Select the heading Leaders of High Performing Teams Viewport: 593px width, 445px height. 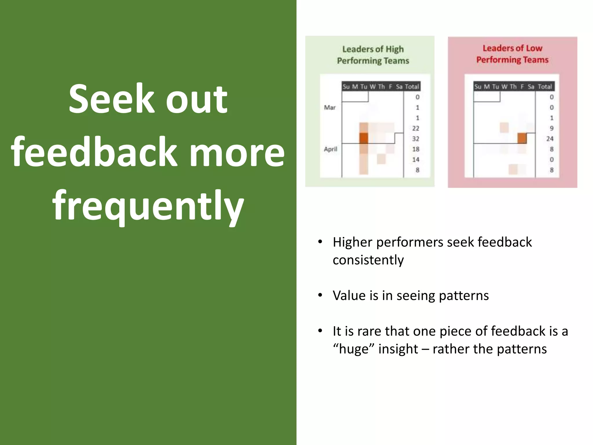373,55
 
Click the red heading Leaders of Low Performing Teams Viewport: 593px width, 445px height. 512,54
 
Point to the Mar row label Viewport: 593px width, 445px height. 330,107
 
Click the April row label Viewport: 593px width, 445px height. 330,149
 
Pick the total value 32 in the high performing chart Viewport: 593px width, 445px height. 416,139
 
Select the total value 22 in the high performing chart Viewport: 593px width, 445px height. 416,128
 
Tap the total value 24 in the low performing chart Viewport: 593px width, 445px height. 550,139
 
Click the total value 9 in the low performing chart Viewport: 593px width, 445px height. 551,128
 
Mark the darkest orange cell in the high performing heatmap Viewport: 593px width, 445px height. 364,138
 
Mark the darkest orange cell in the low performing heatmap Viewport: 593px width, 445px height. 522,138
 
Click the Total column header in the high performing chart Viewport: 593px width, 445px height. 412,87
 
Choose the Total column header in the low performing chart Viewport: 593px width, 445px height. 545,87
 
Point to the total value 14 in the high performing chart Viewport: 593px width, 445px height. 416,160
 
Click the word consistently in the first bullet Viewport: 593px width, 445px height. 368,260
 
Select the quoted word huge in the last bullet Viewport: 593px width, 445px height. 354,349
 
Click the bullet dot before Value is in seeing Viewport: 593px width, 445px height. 320,296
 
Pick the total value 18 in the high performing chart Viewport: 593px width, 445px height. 416,149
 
